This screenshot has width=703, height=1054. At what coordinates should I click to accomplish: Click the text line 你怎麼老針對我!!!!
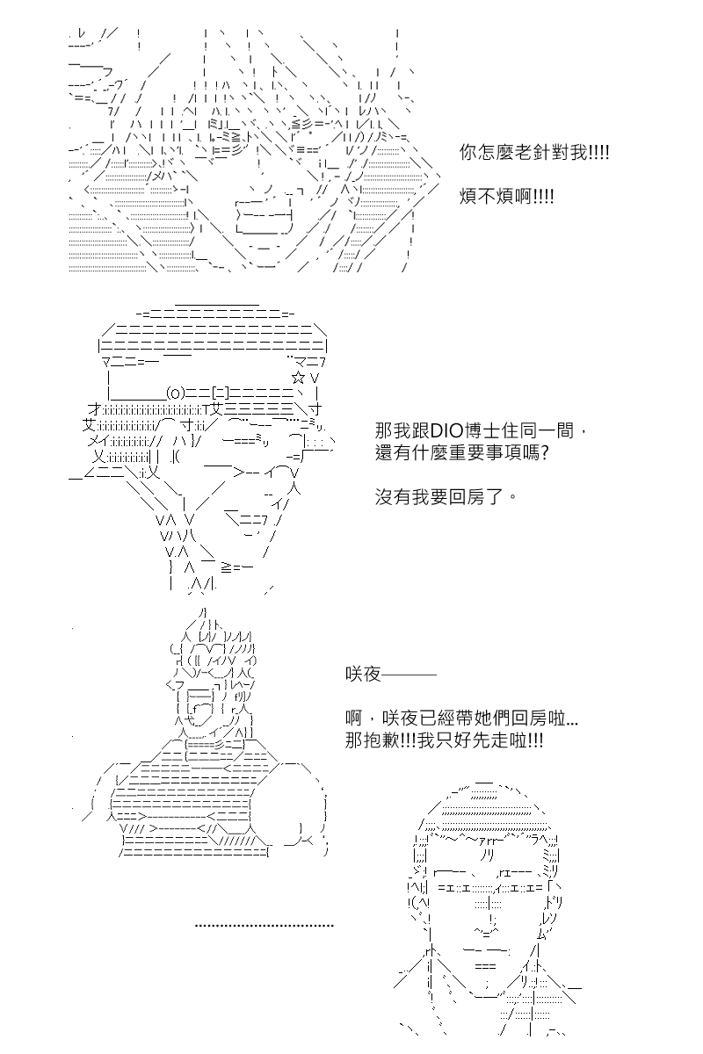pyautogui.click(x=534, y=153)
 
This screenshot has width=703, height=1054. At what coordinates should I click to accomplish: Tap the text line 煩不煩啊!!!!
pyautogui.click(x=506, y=196)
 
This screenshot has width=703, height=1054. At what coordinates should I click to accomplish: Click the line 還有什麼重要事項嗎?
pyautogui.click(x=462, y=452)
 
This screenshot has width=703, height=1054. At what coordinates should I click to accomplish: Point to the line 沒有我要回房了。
pyautogui.click(x=446, y=496)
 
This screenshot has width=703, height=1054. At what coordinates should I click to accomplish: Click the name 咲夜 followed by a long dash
pyautogui.click(x=390, y=675)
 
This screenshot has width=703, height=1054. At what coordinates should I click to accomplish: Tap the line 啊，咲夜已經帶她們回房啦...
pyautogui.click(x=461, y=718)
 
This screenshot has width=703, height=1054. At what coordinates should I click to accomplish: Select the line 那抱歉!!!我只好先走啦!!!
pyautogui.click(x=444, y=740)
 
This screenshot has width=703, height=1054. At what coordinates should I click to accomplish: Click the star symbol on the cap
pyautogui.click(x=298, y=378)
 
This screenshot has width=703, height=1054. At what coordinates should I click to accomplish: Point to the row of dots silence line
pyautogui.click(x=265, y=926)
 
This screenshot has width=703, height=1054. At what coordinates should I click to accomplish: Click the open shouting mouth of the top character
pyautogui.click(x=265, y=215)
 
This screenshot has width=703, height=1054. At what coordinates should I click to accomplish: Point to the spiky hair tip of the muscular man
pyautogui.click(x=204, y=610)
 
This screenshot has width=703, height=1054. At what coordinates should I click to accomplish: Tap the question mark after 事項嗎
pyautogui.click(x=544, y=452)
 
